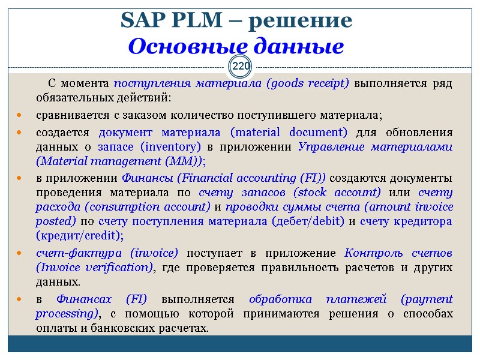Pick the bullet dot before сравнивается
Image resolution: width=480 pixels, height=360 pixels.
[20, 115]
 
